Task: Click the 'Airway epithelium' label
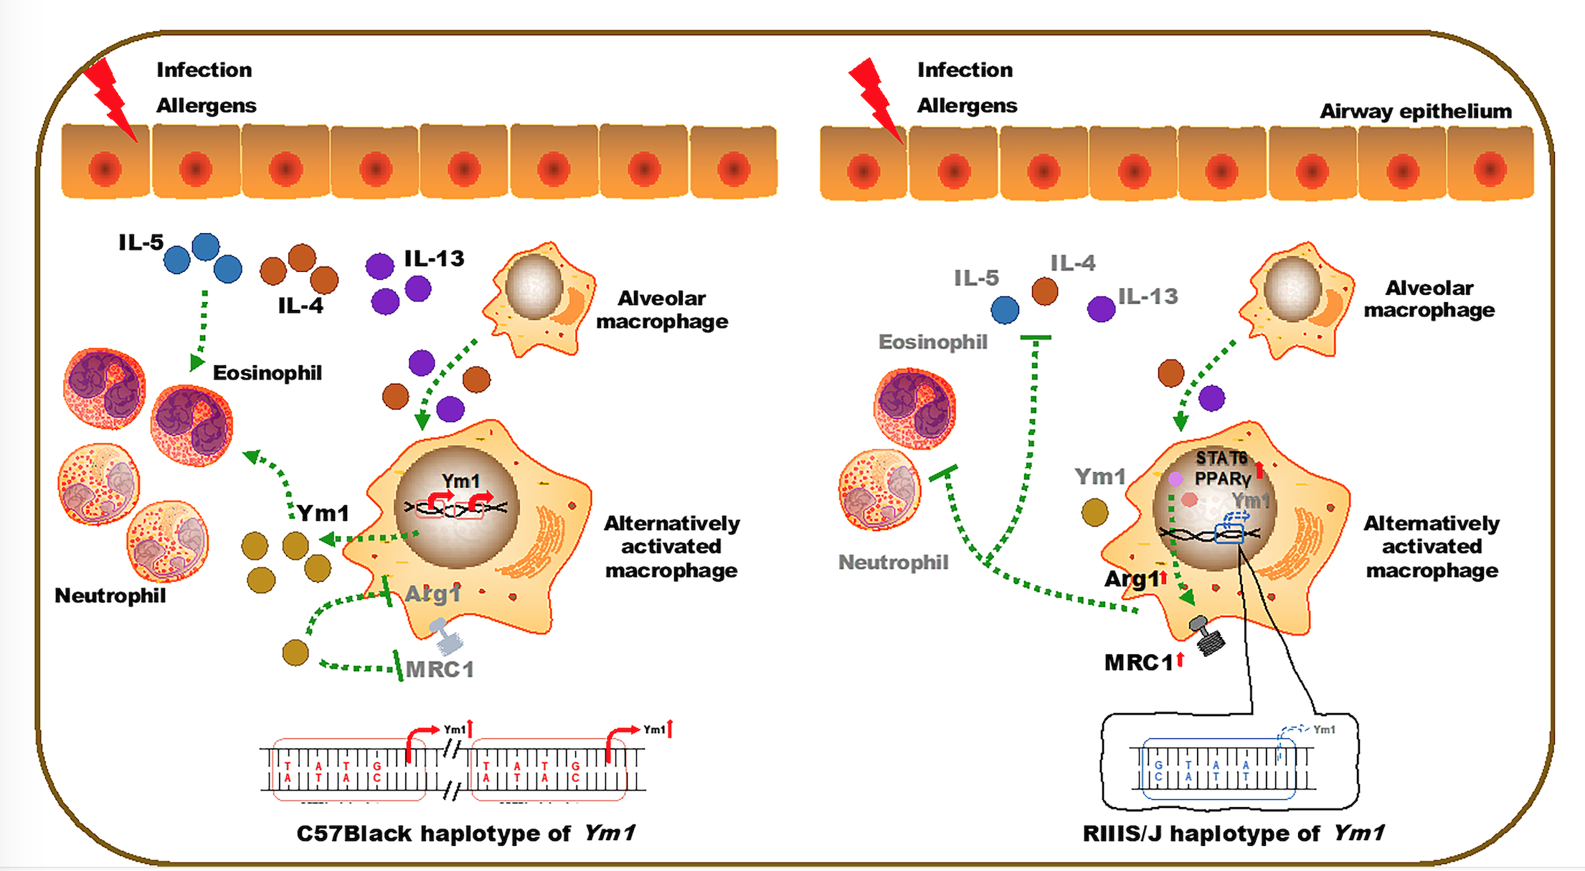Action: pyautogui.click(x=1415, y=111)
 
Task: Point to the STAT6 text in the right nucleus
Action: pyautogui.click(x=1221, y=458)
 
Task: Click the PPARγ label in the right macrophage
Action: pyautogui.click(x=1222, y=479)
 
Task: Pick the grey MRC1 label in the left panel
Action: pyautogui.click(x=440, y=669)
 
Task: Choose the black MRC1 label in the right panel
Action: pyautogui.click(x=1139, y=662)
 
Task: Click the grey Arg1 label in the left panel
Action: pyautogui.click(x=432, y=594)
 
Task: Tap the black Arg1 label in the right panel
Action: pyautogui.click(x=1131, y=578)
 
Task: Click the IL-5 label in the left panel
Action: pyautogui.click(x=141, y=243)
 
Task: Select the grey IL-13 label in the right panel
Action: pyautogui.click(x=1148, y=296)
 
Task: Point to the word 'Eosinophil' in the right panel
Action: pyautogui.click(x=932, y=342)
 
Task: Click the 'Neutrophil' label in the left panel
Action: pyautogui.click(x=110, y=595)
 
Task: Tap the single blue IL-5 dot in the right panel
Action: pyautogui.click(x=1005, y=310)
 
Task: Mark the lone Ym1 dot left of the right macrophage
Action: pyautogui.click(x=1094, y=512)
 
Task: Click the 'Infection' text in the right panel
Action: pyautogui.click(x=965, y=70)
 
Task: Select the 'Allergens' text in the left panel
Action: pyautogui.click(x=206, y=105)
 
